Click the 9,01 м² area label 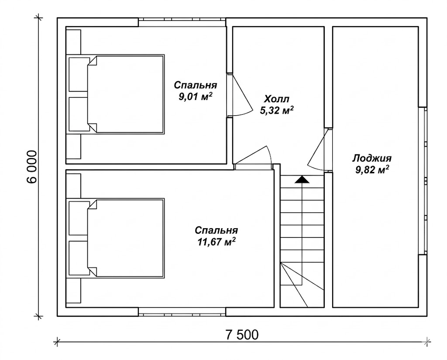tap(196, 96)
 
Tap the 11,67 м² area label tap(217, 242)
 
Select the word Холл tap(276, 99)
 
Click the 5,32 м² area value tap(276, 110)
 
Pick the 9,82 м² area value tap(372, 170)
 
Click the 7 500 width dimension tap(242, 335)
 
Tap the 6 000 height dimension tap(32, 167)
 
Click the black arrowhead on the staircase tap(302, 179)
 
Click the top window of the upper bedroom tap(182, 23)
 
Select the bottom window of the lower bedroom tap(182, 312)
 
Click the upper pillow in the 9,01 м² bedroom tap(79, 74)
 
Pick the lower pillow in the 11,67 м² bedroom tap(79, 258)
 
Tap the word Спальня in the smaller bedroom tap(196, 85)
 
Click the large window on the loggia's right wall tap(423, 181)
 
